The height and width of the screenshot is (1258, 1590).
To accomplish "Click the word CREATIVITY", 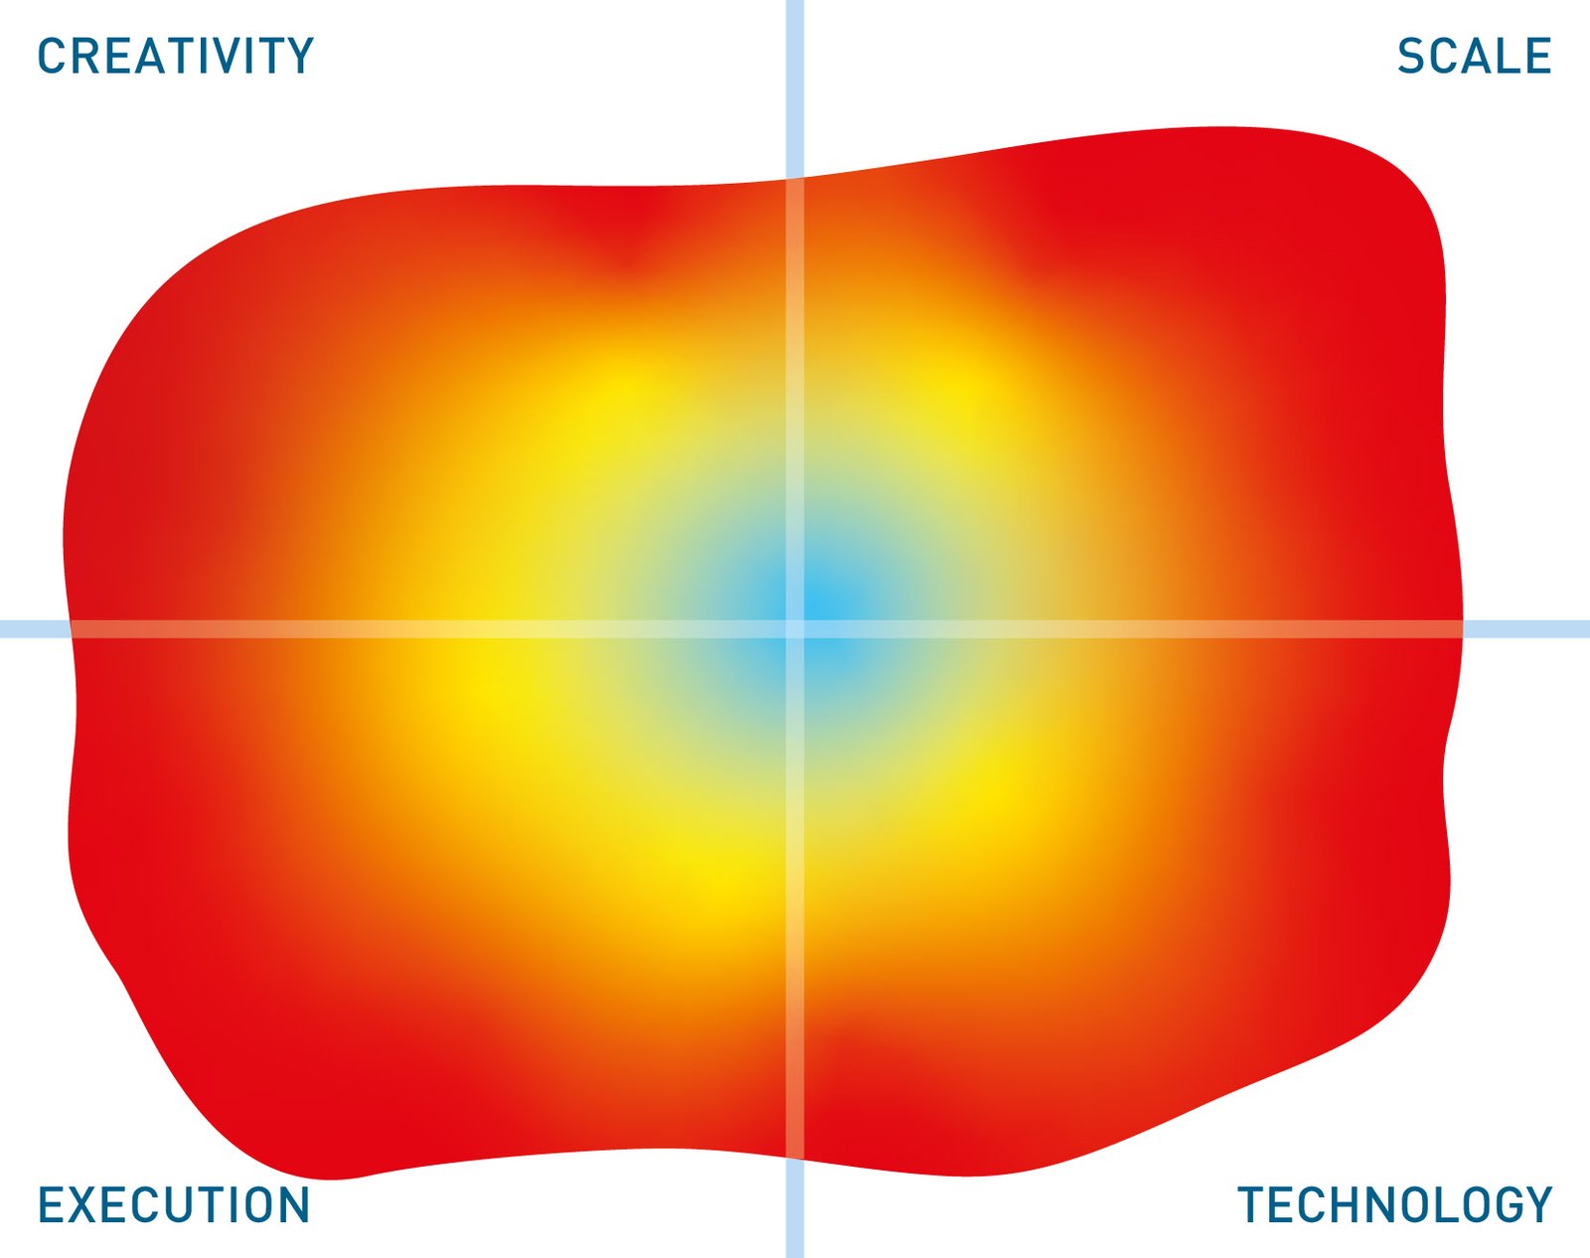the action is pyautogui.click(x=176, y=56).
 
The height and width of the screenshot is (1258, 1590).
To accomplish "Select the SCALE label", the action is pyautogui.click(x=1474, y=56).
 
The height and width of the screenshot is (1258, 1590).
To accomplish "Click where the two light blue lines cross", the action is pyautogui.click(x=795, y=629).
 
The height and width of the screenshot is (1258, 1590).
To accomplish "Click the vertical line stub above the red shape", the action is pyautogui.click(x=795, y=88).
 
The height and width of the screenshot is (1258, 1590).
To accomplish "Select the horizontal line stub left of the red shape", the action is pyautogui.click(x=34, y=629).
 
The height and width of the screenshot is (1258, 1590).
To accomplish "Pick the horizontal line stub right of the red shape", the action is pyautogui.click(x=1526, y=629).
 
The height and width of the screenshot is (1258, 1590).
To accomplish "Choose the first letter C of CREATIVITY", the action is pyautogui.click(x=51, y=56).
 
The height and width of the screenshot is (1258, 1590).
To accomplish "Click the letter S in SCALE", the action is pyautogui.click(x=1410, y=56).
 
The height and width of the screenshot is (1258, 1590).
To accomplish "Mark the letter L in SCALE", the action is pyautogui.click(x=1508, y=56).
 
